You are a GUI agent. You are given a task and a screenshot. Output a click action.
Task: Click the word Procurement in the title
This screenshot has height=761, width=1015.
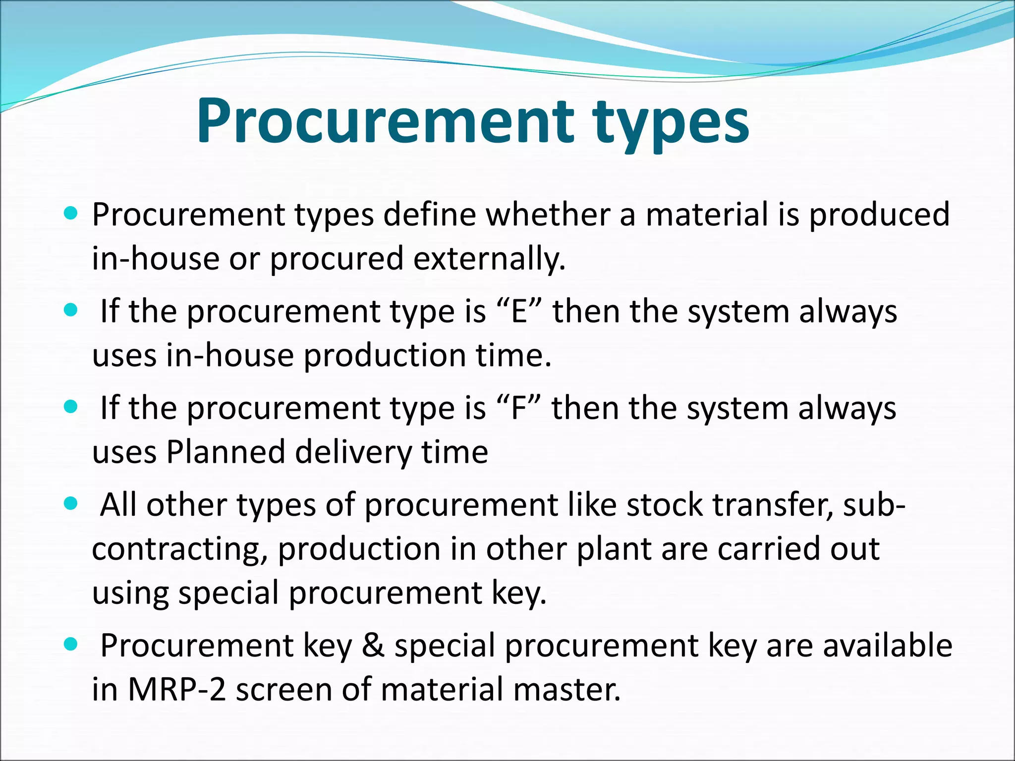coord(384,121)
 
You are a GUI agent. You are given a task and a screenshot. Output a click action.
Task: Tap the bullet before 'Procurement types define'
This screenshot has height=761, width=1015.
coord(71,214)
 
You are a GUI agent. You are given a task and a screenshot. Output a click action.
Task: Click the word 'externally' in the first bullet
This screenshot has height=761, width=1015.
coord(489,259)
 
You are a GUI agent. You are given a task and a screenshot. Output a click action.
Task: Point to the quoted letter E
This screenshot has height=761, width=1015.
coord(519,312)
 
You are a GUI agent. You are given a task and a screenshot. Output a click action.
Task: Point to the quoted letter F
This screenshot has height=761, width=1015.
coord(518,409)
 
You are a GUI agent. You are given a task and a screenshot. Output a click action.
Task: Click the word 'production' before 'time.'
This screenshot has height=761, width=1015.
coord(385,355)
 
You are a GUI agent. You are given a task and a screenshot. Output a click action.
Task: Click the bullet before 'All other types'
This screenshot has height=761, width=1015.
coord(71,504)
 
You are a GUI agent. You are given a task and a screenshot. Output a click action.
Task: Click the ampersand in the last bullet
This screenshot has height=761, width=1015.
coord(373,646)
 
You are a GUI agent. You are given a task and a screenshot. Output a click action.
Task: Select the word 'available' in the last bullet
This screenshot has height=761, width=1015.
coord(888,646)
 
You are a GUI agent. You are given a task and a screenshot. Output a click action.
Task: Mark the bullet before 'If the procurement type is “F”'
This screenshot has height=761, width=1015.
coord(71,407)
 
